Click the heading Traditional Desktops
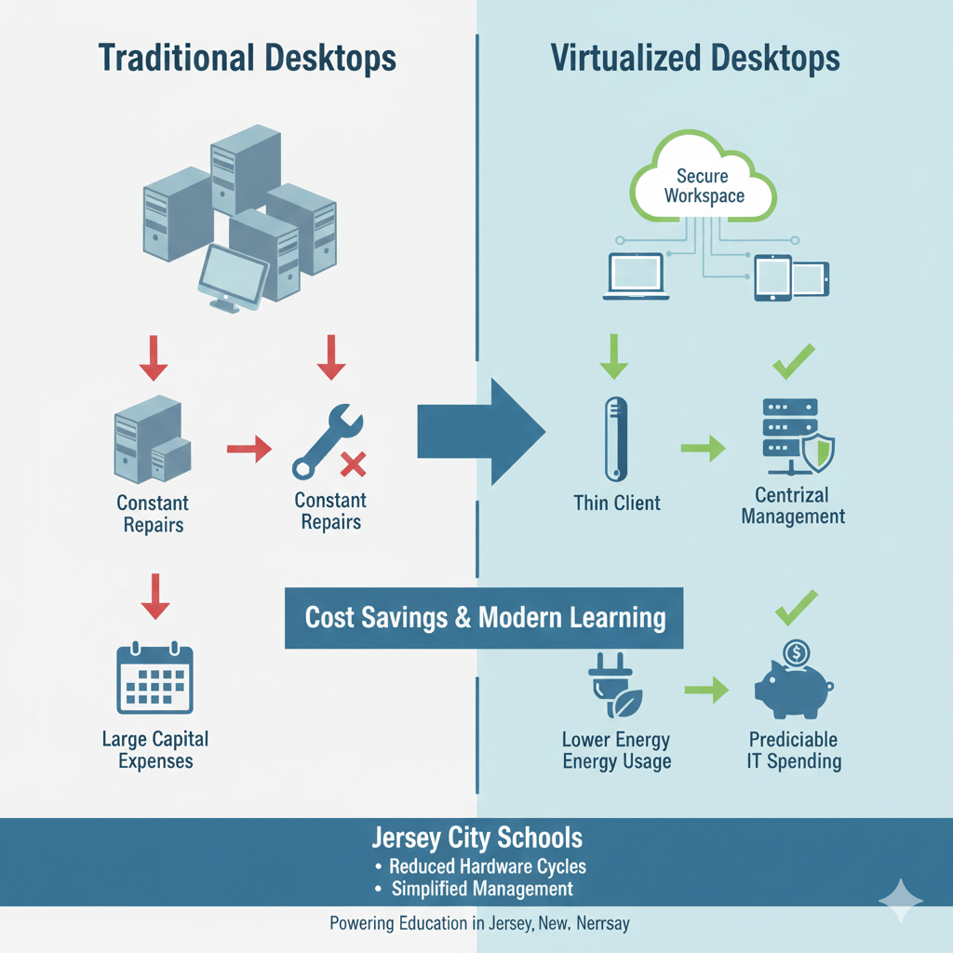click(x=247, y=58)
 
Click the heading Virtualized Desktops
click(x=695, y=58)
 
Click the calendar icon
click(x=154, y=679)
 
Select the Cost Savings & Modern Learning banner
click(x=485, y=617)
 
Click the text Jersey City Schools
click(x=476, y=838)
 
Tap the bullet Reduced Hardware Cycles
click(x=487, y=866)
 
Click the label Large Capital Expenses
click(x=154, y=750)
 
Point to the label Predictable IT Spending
click(x=794, y=750)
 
